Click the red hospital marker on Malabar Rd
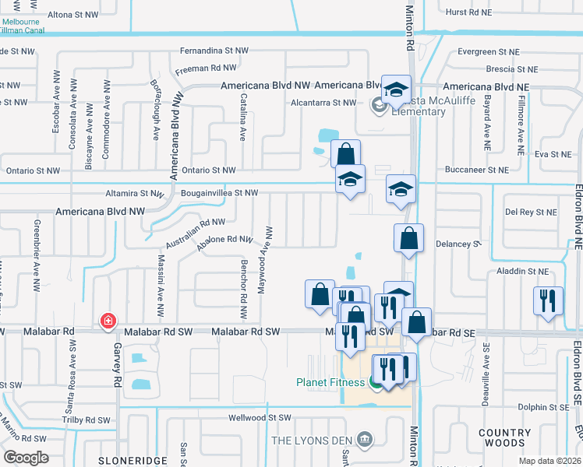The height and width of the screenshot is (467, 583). click(x=108, y=321)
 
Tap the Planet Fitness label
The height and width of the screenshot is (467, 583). click(x=330, y=382)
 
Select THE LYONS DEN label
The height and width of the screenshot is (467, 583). click(x=311, y=440)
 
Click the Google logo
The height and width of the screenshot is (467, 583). click(x=26, y=458)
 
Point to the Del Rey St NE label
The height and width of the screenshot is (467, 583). click(x=531, y=212)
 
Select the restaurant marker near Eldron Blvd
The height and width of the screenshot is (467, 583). click(x=547, y=300)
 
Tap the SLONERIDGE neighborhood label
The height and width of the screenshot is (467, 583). click(x=132, y=461)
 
